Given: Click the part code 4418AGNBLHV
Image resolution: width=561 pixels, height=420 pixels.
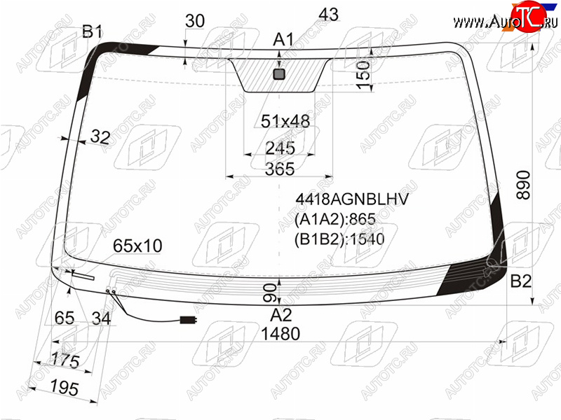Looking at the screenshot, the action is pos(352,199).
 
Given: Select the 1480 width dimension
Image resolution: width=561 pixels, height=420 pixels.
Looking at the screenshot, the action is pos(280,334).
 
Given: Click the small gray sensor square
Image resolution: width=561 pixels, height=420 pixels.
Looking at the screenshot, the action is pos(279,74).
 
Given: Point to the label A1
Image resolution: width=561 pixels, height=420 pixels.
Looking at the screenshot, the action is pos(283,39).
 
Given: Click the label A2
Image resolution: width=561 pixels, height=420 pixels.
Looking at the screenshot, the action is pos(281,315).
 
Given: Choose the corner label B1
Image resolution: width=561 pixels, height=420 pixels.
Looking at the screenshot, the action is pos(93,31).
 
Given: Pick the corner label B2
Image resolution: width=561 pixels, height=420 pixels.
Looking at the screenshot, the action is pos(520,281).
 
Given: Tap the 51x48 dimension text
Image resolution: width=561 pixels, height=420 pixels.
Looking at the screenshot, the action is pos(285,121).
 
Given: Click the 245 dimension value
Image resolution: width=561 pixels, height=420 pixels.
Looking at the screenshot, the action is pos(280,148).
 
